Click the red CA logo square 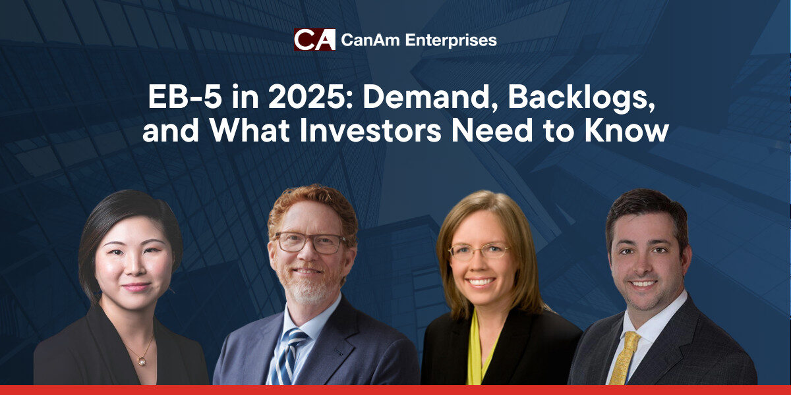[x=314, y=39]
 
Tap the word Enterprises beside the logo [x=451, y=41]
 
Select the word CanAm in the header [x=370, y=40]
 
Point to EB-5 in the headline [x=185, y=97]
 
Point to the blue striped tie [x=289, y=356]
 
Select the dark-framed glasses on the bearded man [x=310, y=243]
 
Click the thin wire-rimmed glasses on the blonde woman [x=479, y=251]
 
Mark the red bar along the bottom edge [x=395, y=390]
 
